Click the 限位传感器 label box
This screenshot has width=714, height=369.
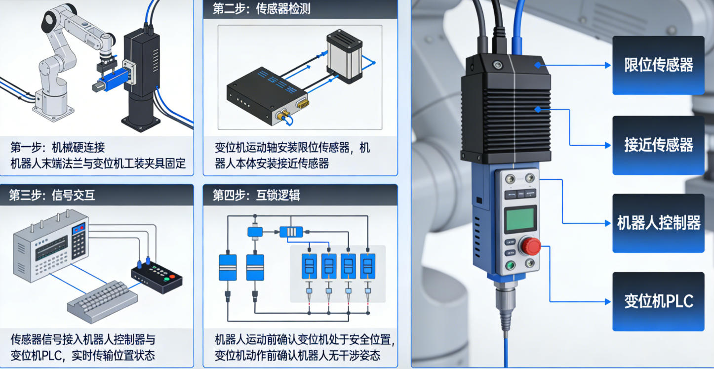pos(658,65)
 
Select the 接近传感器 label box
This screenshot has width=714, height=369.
pos(658,145)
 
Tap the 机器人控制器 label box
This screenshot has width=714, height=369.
pos(658,223)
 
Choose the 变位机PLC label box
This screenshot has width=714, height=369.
pos(658,301)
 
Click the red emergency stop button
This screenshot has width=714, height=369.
pos(531,246)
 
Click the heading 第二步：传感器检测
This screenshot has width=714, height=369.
pos(261,9)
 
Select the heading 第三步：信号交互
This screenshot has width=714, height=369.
pos(52,195)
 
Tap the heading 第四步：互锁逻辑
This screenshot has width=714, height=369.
pos(256,195)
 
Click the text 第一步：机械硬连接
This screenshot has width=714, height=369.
pos(58,147)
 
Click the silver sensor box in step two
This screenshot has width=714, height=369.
pos(344,56)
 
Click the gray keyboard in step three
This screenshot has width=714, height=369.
pos(102,302)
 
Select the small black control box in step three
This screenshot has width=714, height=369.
pos(157,277)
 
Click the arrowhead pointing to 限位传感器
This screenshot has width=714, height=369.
pos(608,65)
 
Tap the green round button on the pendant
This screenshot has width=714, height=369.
pos(511,265)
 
